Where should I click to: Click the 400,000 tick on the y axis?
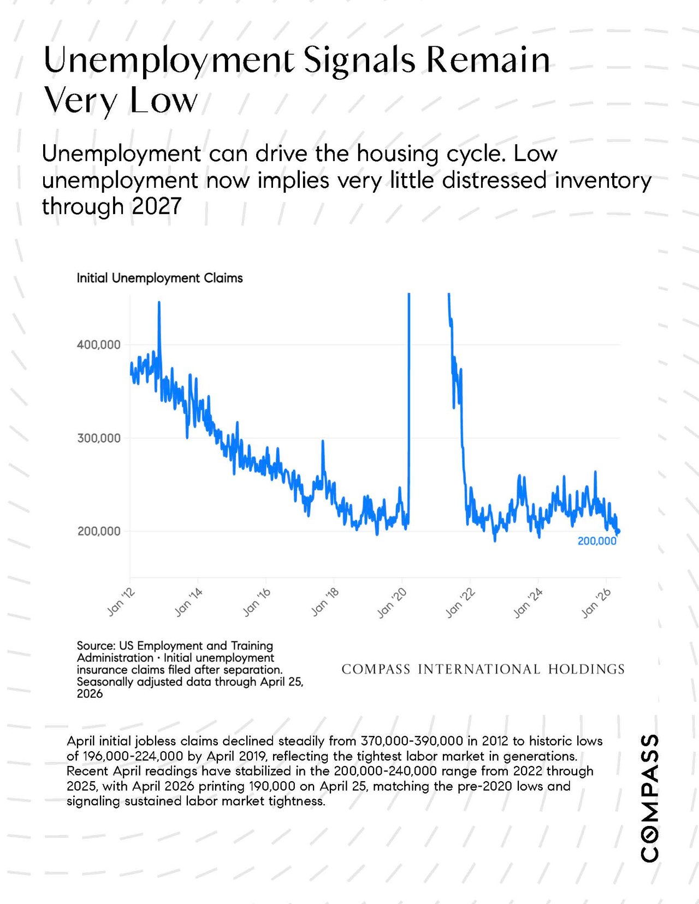coord(98,344)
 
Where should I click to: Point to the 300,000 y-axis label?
coord(98,438)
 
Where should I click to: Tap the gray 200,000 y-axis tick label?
coord(98,531)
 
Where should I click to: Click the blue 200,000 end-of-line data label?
coord(597,541)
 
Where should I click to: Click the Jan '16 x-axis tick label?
coord(256,602)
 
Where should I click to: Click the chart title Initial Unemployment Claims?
coord(160,278)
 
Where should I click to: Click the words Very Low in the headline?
coord(120,100)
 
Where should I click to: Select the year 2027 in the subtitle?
coord(157,206)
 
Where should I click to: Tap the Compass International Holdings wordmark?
coord(483,669)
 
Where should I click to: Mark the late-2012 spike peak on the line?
coord(159,302)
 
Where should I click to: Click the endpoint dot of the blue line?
coord(618,531)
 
